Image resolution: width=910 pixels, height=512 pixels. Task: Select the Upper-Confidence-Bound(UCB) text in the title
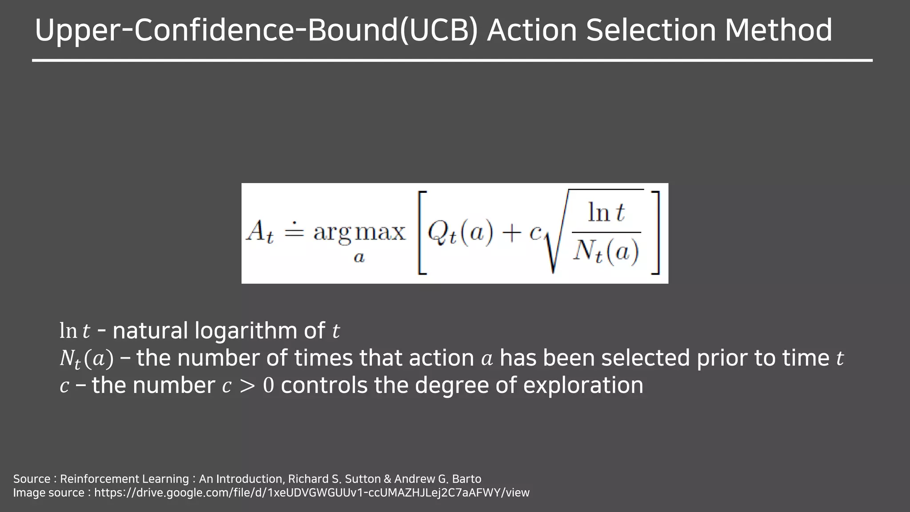[x=256, y=31]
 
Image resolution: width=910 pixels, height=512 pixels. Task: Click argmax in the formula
[x=359, y=232]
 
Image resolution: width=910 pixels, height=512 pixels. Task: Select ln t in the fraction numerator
[x=606, y=212]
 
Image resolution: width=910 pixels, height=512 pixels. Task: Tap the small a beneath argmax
[x=359, y=257]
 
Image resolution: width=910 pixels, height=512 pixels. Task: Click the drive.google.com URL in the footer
[x=311, y=492]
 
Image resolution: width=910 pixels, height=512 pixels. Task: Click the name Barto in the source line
[x=467, y=479]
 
